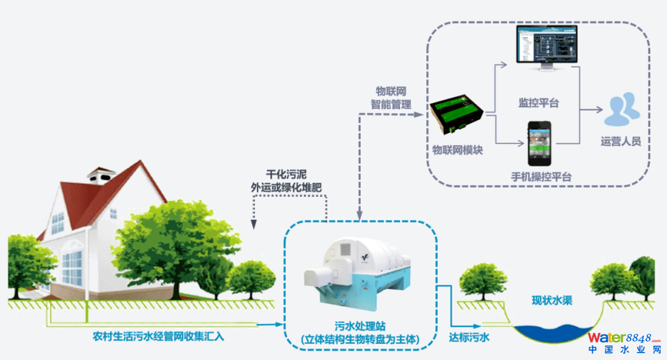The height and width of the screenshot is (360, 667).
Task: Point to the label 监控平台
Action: (x=539, y=103)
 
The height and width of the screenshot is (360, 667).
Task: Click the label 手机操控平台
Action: (x=541, y=177)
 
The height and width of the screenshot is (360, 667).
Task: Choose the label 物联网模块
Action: (x=457, y=150)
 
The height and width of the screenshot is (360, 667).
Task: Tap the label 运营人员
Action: (x=621, y=141)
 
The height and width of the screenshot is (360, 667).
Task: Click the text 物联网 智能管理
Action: (x=391, y=98)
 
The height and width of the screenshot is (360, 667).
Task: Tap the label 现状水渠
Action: (x=552, y=301)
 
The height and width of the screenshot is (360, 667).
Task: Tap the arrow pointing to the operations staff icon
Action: (x=592, y=110)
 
